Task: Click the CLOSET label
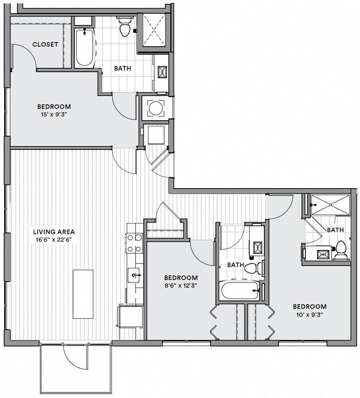pyautogui.click(x=45, y=44)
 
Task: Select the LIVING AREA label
pyautogui.click(x=54, y=232)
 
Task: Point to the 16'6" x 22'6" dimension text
pyautogui.click(x=54, y=239)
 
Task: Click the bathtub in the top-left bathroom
pyautogui.click(x=85, y=48)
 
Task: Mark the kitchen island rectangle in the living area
pyautogui.click(x=83, y=294)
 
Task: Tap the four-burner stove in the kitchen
pyautogui.click(x=134, y=243)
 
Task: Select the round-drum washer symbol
pyautogui.click(x=155, y=108)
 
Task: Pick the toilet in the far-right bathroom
pyautogui.click(x=341, y=250)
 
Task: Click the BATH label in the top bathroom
pyautogui.click(x=123, y=68)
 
